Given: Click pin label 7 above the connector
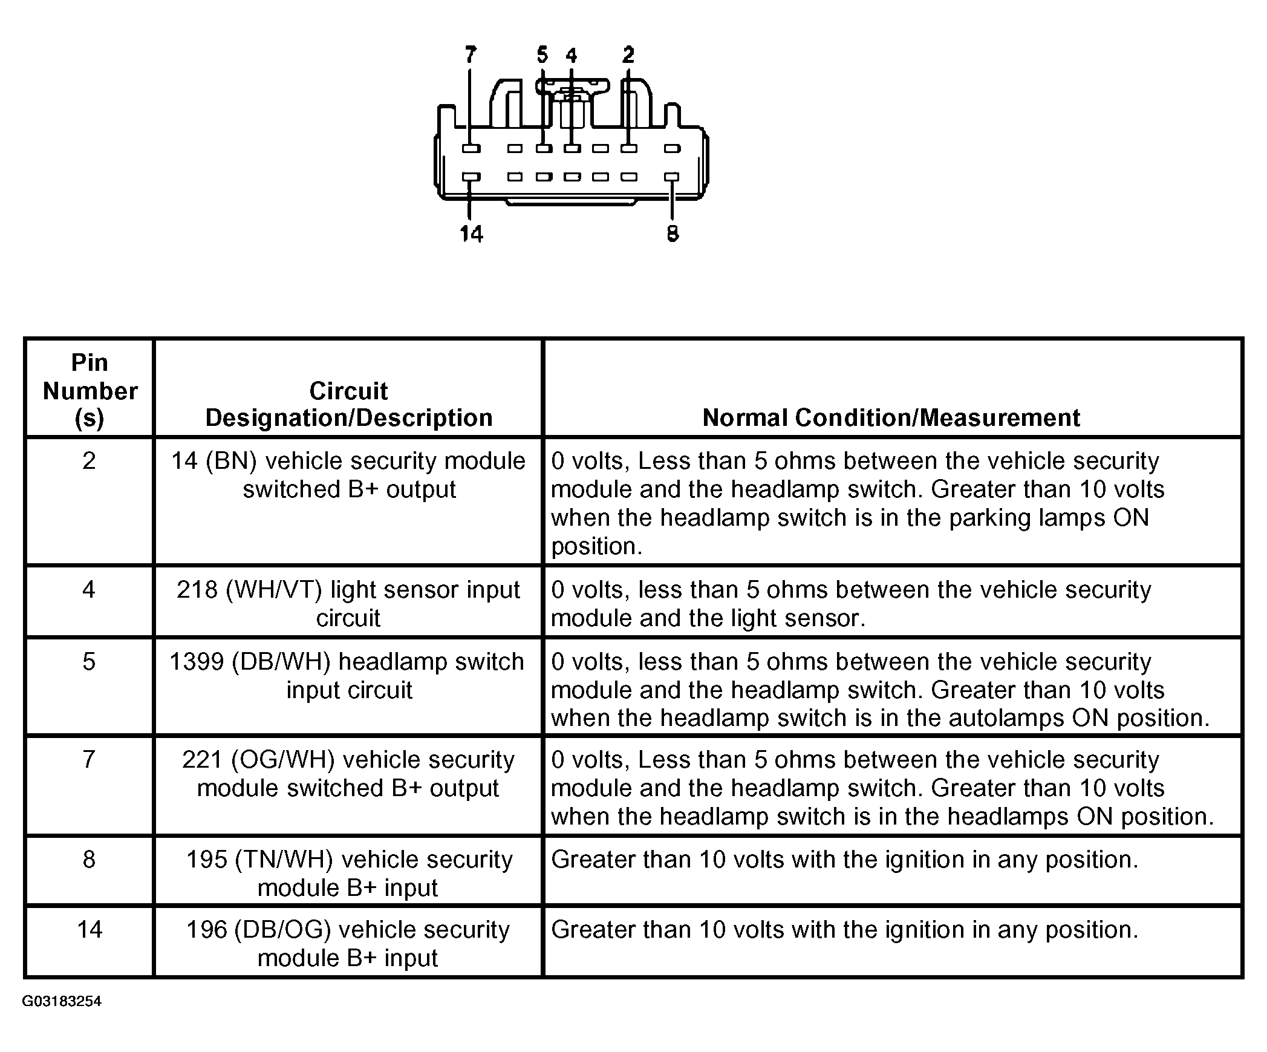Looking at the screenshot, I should [471, 55].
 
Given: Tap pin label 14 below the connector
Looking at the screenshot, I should [471, 234].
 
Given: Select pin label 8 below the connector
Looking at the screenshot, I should [673, 234].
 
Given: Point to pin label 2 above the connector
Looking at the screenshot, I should [628, 55].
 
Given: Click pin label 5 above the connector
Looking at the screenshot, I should [542, 55].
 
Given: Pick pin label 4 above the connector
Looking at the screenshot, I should [571, 56].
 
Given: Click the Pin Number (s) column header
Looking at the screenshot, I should [90, 390].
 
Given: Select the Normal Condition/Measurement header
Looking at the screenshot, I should [891, 417].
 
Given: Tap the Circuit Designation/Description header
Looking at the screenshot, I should [348, 404].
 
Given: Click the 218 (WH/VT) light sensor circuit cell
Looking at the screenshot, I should [348, 603].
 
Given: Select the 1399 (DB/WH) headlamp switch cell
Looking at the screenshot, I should [348, 675].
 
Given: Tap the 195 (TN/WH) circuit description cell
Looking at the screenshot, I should [348, 873].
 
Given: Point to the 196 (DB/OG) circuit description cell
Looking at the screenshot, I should [348, 943].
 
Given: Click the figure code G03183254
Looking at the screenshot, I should [62, 1001].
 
